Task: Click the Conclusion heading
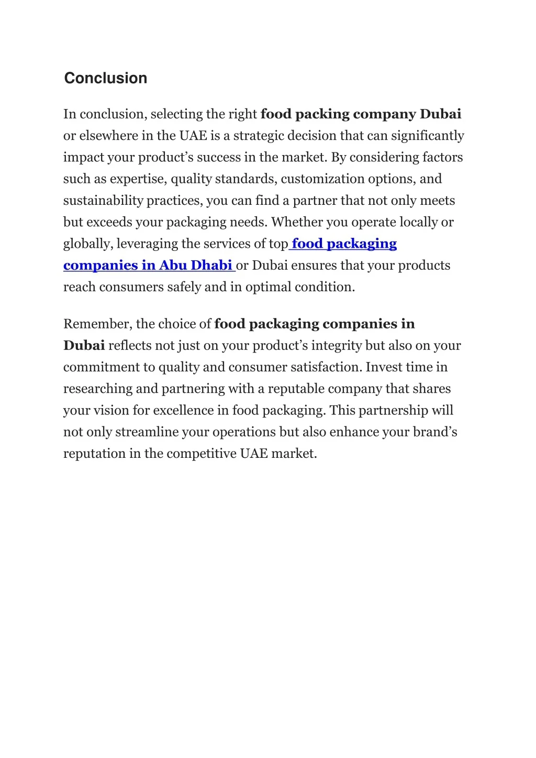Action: click(x=105, y=78)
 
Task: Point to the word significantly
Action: click(x=428, y=136)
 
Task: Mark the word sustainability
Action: click(x=103, y=201)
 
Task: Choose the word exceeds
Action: click(x=109, y=222)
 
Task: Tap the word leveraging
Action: click(x=147, y=244)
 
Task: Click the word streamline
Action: click(x=147, y=432)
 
